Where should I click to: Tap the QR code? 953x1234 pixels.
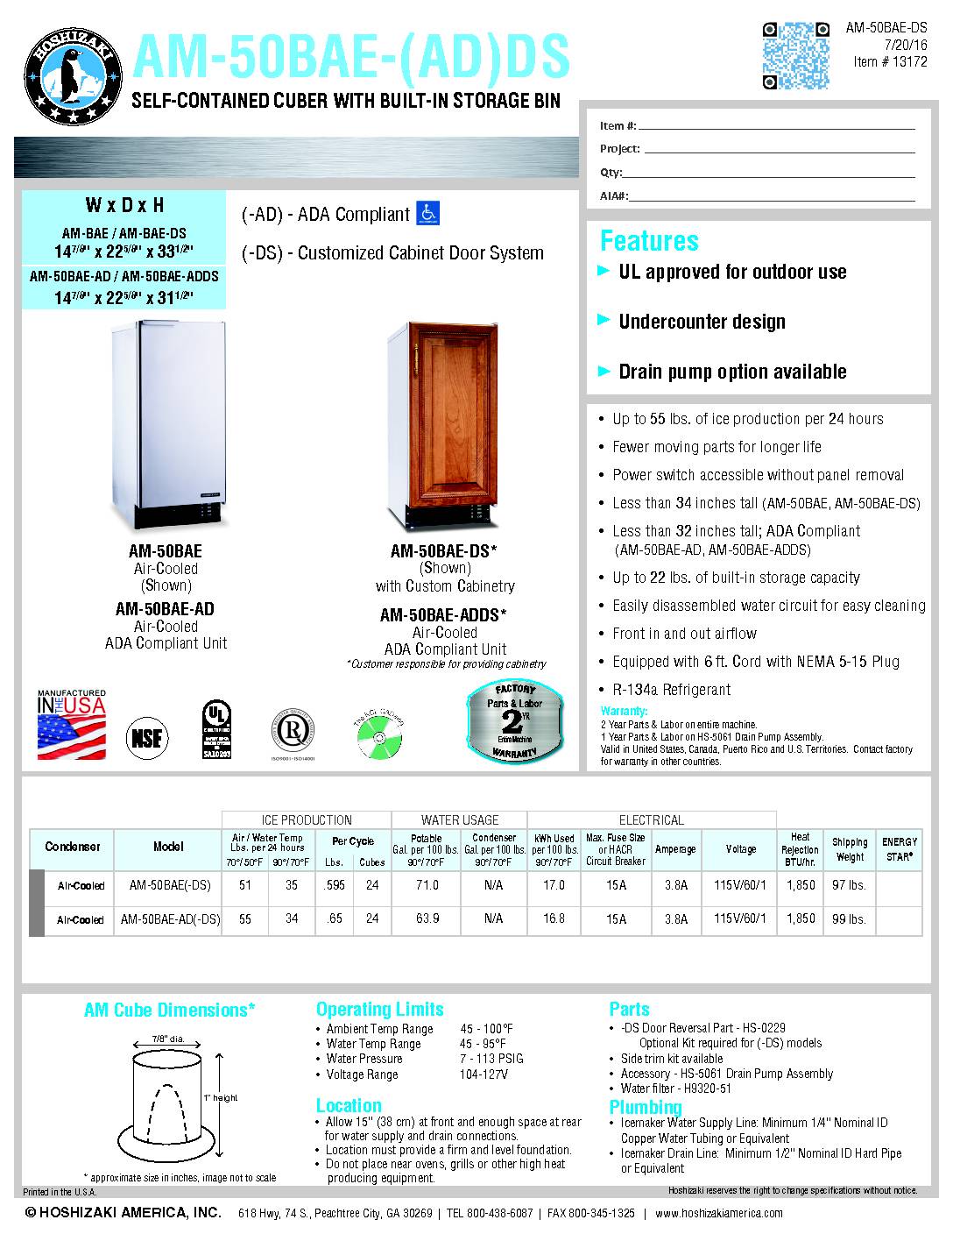click(x=795, y=55)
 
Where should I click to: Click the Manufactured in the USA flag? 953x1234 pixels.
click(x=72, y=726)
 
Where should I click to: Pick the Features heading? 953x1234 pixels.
click(x=649, y=241)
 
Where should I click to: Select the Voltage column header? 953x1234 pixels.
click(x=740, y=848)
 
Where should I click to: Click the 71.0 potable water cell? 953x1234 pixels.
click(x=427, y=885)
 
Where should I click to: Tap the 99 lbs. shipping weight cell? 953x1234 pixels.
click(x=849, y=919)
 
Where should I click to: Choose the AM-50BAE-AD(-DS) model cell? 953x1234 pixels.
click(x=169, y=919)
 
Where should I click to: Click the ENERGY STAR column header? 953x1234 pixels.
click(x=900, y=848)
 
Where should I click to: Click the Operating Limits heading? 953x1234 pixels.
click(x=379, y=1009)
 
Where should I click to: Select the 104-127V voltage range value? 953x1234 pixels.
click(x=484, y=1074)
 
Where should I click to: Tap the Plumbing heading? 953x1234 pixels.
click(x=646, y=1106)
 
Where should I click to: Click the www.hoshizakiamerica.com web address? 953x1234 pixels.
click(x=718, y=1213)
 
